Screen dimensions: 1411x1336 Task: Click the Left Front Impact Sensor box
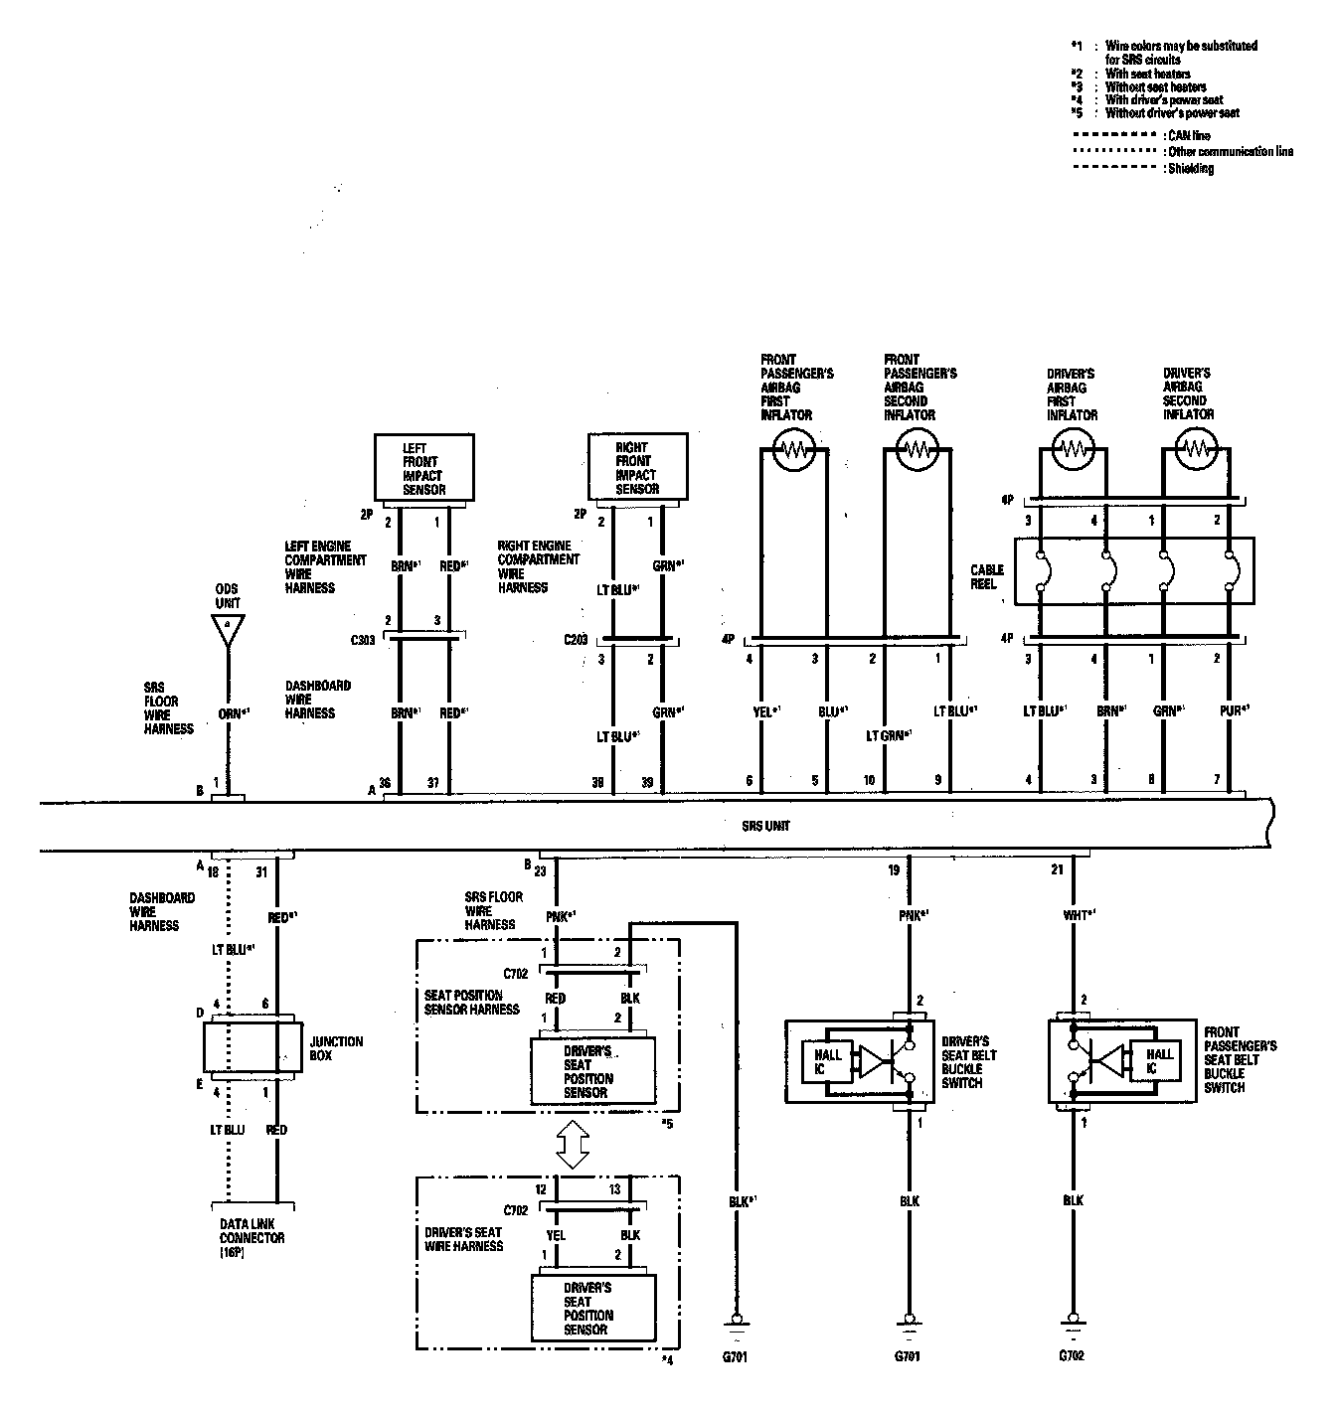(423, 467)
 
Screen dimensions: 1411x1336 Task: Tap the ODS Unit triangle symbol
(228, 629)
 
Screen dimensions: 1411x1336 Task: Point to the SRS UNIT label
(766, 826)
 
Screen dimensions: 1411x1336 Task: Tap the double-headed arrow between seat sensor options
(572, 1145)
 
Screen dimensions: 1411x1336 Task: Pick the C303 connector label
(363, 641)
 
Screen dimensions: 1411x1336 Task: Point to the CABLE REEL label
(987, 576)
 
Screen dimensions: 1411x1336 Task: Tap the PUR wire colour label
(1233, 709)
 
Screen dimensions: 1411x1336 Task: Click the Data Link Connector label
(251, 1238)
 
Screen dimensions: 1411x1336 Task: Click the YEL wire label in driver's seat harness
(556, 1235)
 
